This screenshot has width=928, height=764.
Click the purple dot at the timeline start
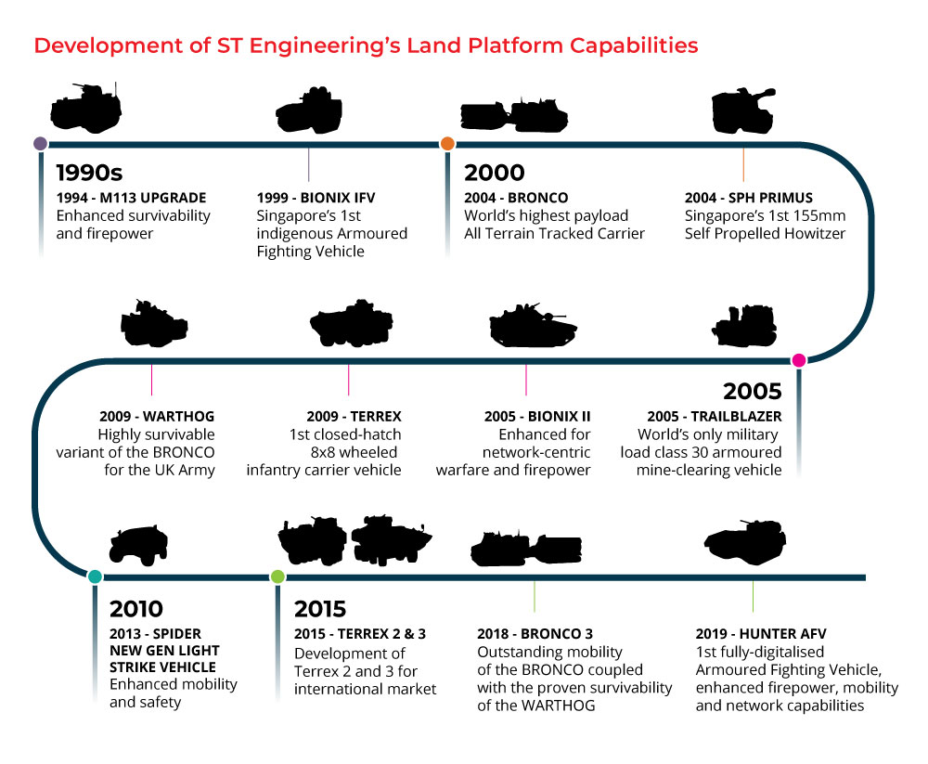click(x=40, y=143)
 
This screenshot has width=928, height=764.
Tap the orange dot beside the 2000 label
click(x=447, y=143)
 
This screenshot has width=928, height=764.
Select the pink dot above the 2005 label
click(x=799, y=360)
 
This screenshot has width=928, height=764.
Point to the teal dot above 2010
click(x=95, y=576)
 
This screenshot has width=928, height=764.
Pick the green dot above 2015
click(x=277, y=576)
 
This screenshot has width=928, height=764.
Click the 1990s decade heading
click(x=89, y=173)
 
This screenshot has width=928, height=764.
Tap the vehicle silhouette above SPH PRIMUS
click(x=743, y=110)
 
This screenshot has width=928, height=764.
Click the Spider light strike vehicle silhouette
click(x=138, y=545)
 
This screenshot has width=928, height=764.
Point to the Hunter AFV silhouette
click(x=745, y=539)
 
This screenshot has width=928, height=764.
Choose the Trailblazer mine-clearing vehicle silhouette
click(x=744, y=326)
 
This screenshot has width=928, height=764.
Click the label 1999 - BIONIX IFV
click(x=316, y=198)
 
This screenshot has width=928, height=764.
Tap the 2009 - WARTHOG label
click(x=157, y=417)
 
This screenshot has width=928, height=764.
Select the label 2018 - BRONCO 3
click(x=535, y=634)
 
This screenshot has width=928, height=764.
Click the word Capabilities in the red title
click(x=634, y=45)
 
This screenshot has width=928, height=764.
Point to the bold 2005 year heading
click(x=753, y=392)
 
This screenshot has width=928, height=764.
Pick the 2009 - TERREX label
click(x=354, y=417)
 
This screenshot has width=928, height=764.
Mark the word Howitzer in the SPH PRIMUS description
click(x=815, y=233)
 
